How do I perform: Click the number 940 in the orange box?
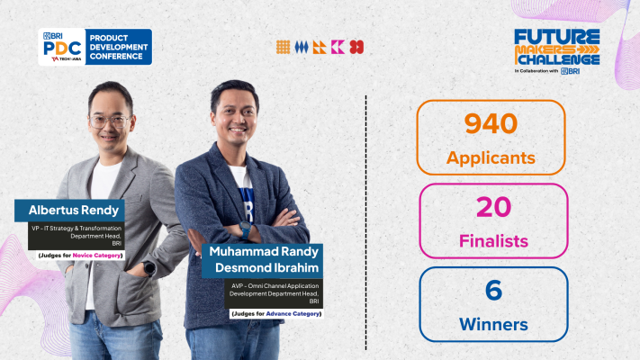[x=491, y=123]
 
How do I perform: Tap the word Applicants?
[x=491, y=158]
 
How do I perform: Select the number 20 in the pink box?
[x=492, y=208]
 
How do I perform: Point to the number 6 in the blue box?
[x=492, y=290]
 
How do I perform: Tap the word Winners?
[x=492, y=323]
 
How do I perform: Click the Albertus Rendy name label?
[x=70, y=211]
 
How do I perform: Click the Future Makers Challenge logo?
[x=556, y=49]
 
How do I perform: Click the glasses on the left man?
[x=111, y=120]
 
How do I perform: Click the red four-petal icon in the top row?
[x=356, y=47]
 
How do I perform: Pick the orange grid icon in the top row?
[x=283, y=47]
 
